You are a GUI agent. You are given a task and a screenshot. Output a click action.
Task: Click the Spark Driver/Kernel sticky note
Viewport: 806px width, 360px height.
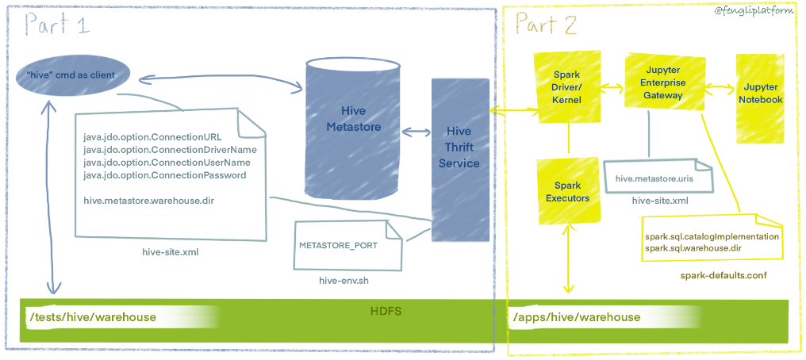click(566, 87)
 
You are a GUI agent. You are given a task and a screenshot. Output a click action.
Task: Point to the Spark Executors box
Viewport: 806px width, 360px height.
click(567, 191)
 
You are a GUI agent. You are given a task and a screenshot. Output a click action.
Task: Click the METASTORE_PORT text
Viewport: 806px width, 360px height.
click(338, 245)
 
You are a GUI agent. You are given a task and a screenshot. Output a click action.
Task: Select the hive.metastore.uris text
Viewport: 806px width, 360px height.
click(655, 179)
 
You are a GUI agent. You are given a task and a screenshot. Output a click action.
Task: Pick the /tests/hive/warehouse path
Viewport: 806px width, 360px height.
click(92, 317)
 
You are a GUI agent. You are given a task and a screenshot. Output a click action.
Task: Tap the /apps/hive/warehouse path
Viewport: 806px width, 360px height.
click(576, 317)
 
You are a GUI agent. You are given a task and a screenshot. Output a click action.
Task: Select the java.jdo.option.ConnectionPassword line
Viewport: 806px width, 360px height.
click(164, 175)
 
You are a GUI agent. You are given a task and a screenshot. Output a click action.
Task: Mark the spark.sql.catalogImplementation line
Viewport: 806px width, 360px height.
click(712, 236)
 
